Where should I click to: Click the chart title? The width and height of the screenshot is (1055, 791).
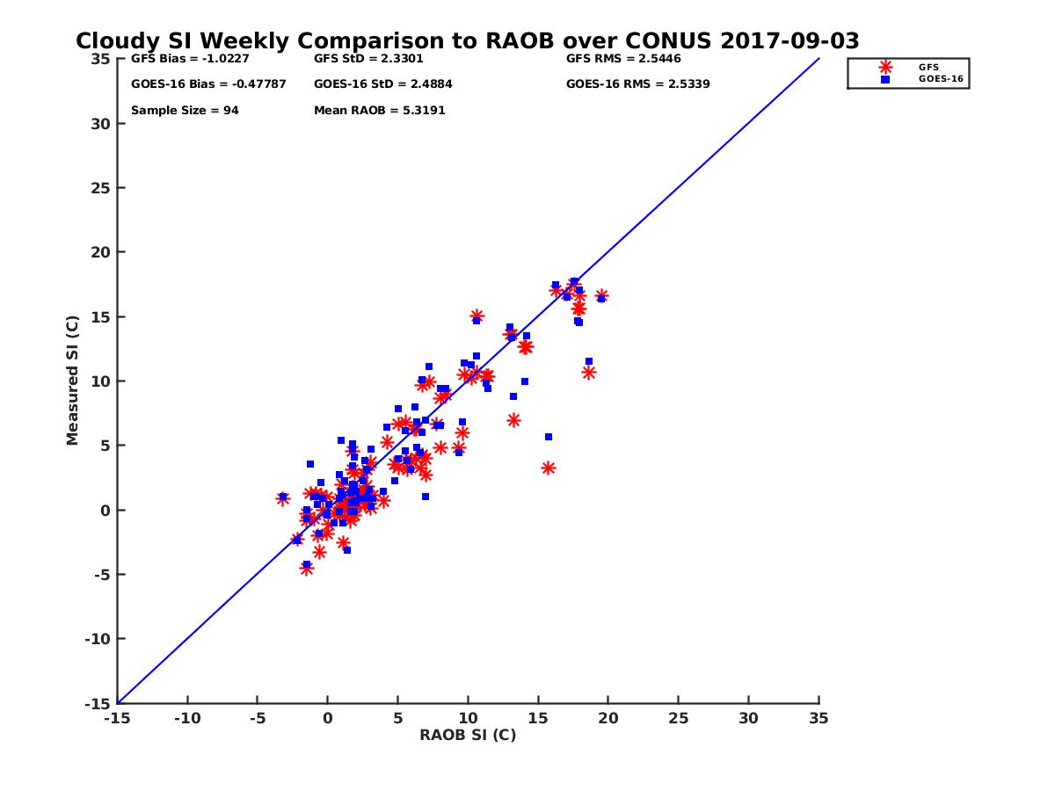coord(467,41)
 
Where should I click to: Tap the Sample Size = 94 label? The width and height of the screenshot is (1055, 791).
coord(185,111)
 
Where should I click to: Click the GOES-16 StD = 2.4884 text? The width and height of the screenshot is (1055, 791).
coord(383,84)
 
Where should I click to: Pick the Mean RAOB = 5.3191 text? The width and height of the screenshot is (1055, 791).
coord(375,111)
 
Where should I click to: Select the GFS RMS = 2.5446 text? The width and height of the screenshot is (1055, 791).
coord(623,60)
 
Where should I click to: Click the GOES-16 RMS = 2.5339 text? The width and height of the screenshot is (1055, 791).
coord(637,84)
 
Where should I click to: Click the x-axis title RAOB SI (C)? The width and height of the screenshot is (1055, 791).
coord(468,735)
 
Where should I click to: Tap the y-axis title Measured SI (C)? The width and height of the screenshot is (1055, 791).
coord(73,381)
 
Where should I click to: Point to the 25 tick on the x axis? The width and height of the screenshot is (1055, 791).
coord(678,718)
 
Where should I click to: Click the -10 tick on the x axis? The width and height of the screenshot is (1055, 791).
coord(186,718)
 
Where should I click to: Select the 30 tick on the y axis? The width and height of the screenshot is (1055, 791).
coord(99,124)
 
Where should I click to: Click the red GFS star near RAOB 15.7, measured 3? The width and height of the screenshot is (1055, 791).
coord(548,468)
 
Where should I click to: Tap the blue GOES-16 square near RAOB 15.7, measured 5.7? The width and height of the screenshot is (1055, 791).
coord(549,437)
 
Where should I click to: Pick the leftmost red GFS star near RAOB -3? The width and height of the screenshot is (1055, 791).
coord(283,498)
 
